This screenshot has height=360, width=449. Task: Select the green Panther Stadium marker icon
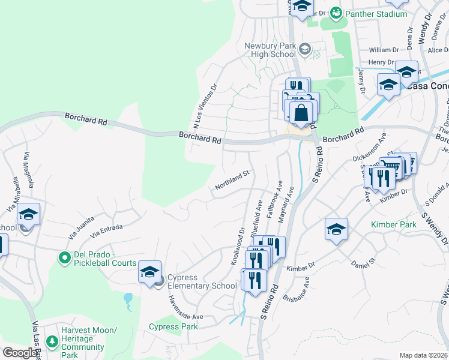(337, 13)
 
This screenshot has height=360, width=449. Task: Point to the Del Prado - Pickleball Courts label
(105, 258)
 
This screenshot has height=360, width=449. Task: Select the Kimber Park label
(394, 224)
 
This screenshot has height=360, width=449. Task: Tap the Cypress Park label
(173, 327)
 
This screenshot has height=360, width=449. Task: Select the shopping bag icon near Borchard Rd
(301, 113)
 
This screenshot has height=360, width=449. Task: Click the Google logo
(20, 353)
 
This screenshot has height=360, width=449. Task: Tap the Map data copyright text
(423, 355)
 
